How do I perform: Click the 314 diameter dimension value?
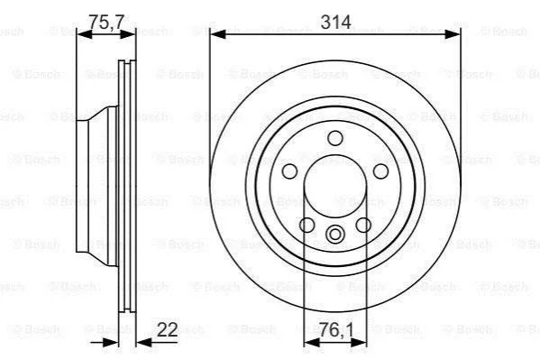[335, 22]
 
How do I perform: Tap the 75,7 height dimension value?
[106, 22]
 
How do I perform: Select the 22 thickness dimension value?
[168, 329]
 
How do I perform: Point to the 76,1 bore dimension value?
[335, 329]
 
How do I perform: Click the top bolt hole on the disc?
[335, 138]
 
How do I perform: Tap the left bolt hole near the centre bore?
[289, 171]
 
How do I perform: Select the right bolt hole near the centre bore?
[380, 171]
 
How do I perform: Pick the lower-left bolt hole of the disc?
[307, 226]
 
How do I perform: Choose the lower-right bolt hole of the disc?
[363, 226]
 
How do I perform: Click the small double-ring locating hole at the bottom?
[335, 235]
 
